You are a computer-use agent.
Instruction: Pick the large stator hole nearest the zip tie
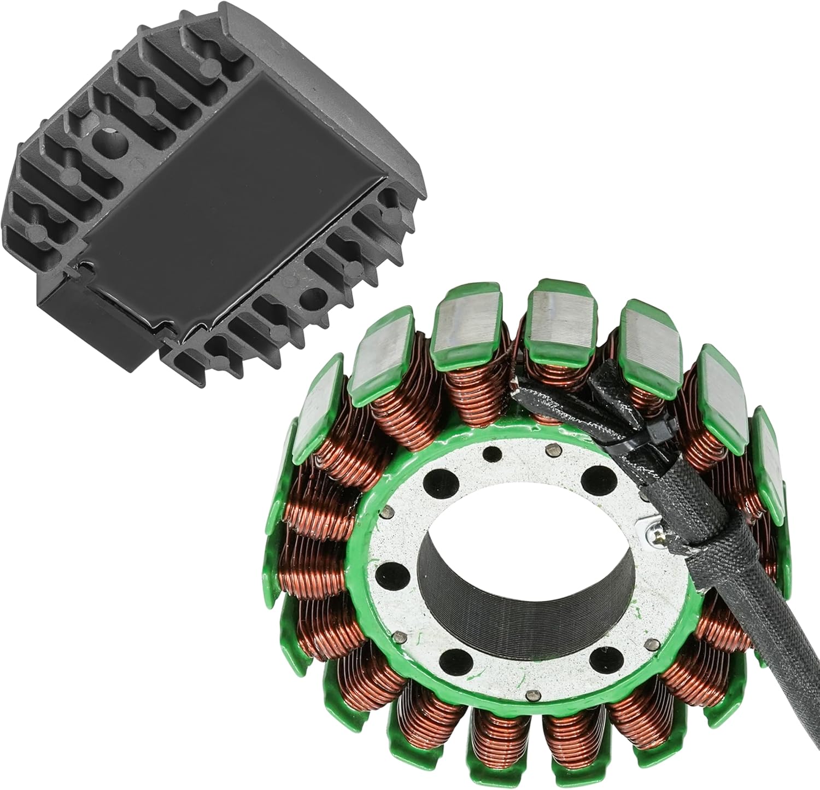click(x=595, y=479)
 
